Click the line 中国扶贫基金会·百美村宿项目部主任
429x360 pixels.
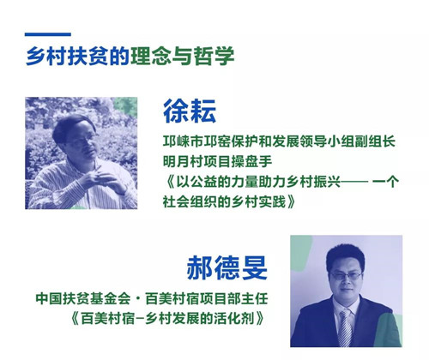coord(157,301)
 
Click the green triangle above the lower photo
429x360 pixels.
coord(305,244)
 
